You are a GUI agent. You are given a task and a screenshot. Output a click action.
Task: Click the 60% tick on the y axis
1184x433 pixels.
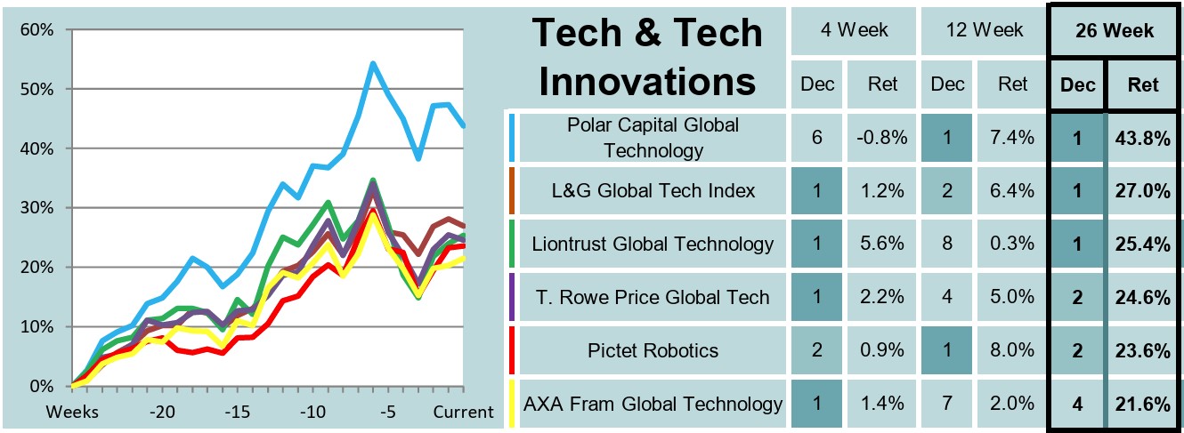point(36,29)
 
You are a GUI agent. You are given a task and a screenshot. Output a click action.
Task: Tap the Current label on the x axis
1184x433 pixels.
point(463,413)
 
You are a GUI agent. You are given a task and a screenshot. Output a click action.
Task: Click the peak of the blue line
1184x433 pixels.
point(372,63)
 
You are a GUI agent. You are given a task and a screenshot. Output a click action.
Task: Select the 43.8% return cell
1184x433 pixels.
point(1144,137)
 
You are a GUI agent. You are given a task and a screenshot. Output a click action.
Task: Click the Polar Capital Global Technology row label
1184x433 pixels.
point(652,137)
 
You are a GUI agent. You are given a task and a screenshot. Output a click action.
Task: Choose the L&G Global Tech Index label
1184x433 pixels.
point(652,190)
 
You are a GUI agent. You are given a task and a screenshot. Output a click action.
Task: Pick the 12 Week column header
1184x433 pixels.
point(984,30)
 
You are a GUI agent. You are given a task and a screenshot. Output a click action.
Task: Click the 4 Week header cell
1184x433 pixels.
point(853,30)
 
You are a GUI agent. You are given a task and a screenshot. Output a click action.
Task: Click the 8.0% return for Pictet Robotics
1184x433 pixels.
point(1013,350)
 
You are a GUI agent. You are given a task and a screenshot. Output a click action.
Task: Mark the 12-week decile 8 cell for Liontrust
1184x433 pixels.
point(947,244)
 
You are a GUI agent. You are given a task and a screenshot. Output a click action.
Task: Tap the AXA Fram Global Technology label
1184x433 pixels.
point(652,404)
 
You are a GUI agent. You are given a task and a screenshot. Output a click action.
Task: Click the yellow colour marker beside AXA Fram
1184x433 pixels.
point(511,404)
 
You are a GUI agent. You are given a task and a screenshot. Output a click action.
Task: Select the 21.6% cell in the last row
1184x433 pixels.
point(1144,404)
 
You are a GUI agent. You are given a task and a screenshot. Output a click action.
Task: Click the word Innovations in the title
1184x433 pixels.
point(648,82)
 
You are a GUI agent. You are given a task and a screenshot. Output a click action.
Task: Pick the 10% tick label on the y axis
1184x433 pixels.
point(36,326)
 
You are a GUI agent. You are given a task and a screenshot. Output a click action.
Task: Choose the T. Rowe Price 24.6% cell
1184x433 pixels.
point(1144,297)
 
